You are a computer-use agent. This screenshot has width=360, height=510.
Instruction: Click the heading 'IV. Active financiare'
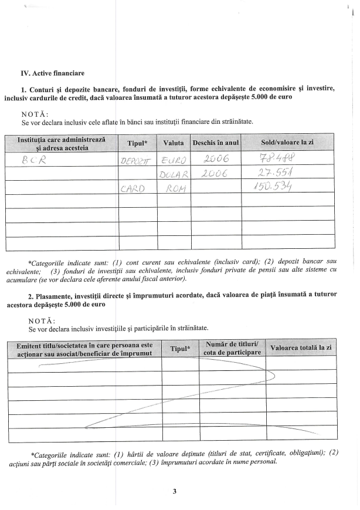[52, 73]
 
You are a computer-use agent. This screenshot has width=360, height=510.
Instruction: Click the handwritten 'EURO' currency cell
[174, 160]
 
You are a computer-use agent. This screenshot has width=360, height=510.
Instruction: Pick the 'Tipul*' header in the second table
[180, 349]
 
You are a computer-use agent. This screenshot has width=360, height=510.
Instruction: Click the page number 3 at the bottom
[175, 491]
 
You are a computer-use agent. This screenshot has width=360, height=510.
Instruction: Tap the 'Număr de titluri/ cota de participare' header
[232, 348]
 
